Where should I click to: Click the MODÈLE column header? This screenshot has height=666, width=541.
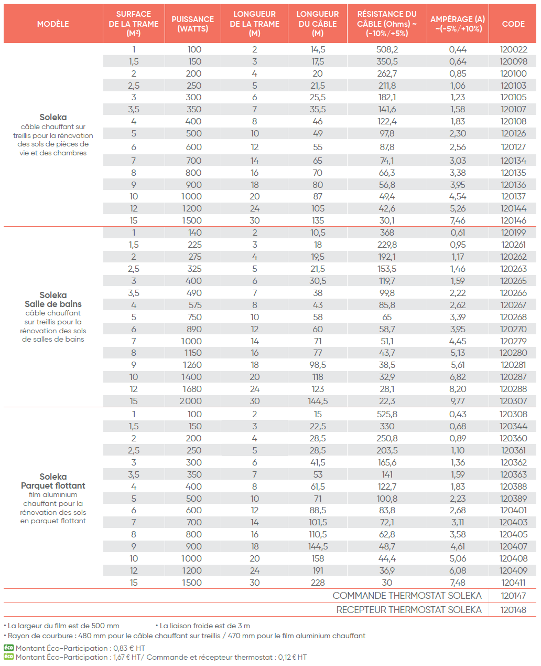[x=53, y=24]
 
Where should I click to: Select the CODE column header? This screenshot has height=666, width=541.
[x=513, y=24]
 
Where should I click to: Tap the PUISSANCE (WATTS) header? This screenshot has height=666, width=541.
[x=193, y=24]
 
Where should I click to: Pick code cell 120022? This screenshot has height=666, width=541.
[x=513, y=49]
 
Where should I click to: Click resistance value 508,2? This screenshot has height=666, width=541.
[x=387, y=49]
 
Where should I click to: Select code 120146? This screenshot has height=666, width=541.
[x=513, y=220]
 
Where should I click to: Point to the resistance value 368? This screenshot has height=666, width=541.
[x=387, y=232]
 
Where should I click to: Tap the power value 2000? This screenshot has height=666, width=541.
[x=190, y=401]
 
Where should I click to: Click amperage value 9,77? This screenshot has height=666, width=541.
[x=458, y=401]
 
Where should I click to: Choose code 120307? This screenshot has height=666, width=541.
[x=513, y=401]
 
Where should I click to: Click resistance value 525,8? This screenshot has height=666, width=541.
[x=387, y=414]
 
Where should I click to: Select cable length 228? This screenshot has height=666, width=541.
[x=318, y=583]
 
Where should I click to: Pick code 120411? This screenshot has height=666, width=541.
[x=513, y=583]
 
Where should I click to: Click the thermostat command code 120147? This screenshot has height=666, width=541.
[x=513, y=596]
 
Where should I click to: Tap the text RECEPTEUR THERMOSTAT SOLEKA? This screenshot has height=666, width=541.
[x=409, y=610]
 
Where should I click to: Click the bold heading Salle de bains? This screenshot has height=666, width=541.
[x=53, y=304]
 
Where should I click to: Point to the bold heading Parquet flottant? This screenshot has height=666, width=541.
[x=53, y=485]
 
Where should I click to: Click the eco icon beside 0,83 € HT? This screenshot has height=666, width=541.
[x=8, y=648]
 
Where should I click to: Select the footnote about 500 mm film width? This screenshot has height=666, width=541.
[x=62, y=626]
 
